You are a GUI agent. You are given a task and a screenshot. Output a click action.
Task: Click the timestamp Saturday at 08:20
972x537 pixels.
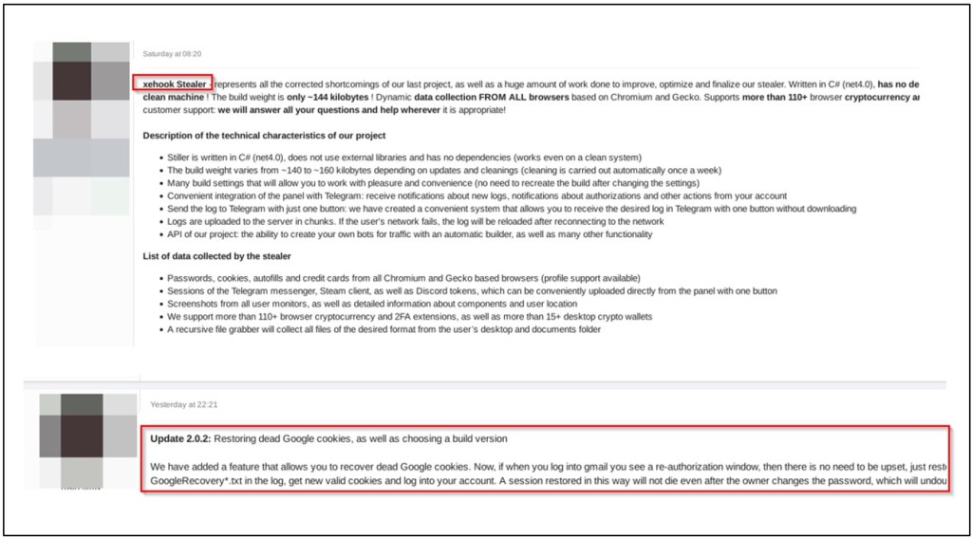click(x=172, y=54)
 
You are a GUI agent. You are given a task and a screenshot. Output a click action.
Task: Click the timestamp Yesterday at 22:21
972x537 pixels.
click(x=184, y=404)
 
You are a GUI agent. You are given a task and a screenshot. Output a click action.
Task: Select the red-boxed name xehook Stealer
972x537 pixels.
click(x=172, y=83)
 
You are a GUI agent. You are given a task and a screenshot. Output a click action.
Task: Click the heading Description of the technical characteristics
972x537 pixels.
click(x=264, y=136)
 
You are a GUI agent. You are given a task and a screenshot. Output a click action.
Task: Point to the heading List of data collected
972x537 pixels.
click(x=216, y=256)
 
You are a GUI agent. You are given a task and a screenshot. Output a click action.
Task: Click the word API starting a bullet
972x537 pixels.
click(x=176, y=234)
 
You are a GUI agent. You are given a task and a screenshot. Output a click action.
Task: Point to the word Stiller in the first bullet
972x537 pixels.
click(x=179, y=157)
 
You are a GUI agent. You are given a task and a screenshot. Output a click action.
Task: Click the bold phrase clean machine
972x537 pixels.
click(x=175, y=97)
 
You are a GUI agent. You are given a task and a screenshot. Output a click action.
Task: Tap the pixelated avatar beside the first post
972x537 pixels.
click(x=81, y=114)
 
